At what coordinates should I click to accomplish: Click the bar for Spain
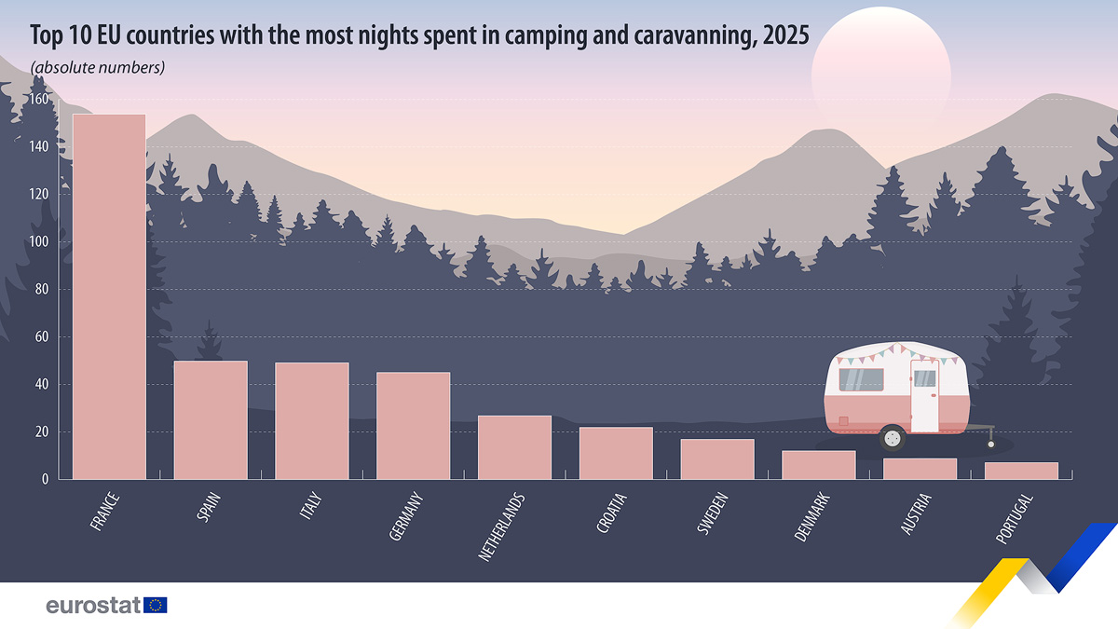click(211, 419)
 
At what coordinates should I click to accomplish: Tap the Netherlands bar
click(514, 447)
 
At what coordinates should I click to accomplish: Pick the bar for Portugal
click(1021, 471)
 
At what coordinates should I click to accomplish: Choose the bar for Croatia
click(616, 453)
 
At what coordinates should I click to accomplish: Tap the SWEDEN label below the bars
click(712, 513)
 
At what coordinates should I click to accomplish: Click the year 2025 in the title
click(782, 34)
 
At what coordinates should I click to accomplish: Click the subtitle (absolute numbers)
click(98, 67)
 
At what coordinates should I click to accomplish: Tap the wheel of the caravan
click(893, 437)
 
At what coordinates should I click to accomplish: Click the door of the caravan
click(924, 396)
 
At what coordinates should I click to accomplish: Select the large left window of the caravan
click(861, 379)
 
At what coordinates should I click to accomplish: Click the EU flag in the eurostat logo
click(156, 605)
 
